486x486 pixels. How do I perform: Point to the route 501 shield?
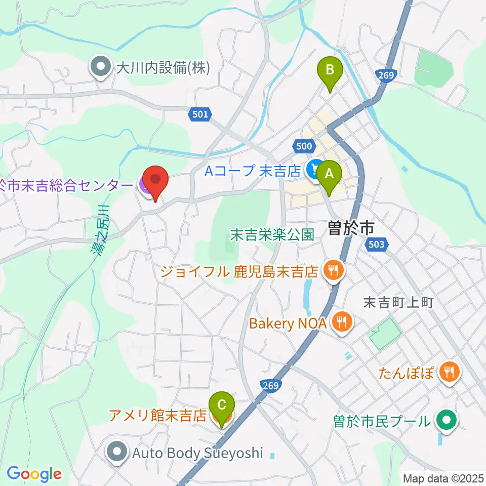[x=200, y=115]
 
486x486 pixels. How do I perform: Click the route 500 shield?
[x=304, y=146]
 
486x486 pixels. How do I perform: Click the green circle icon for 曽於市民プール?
[x=448, y=420]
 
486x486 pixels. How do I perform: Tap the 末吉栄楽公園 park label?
[x=272, y=234]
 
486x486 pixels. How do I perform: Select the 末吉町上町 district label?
[x=399, y=303]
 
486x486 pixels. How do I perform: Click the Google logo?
[x=34, y=474]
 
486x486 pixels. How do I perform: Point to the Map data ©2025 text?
[x=442, y=478]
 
